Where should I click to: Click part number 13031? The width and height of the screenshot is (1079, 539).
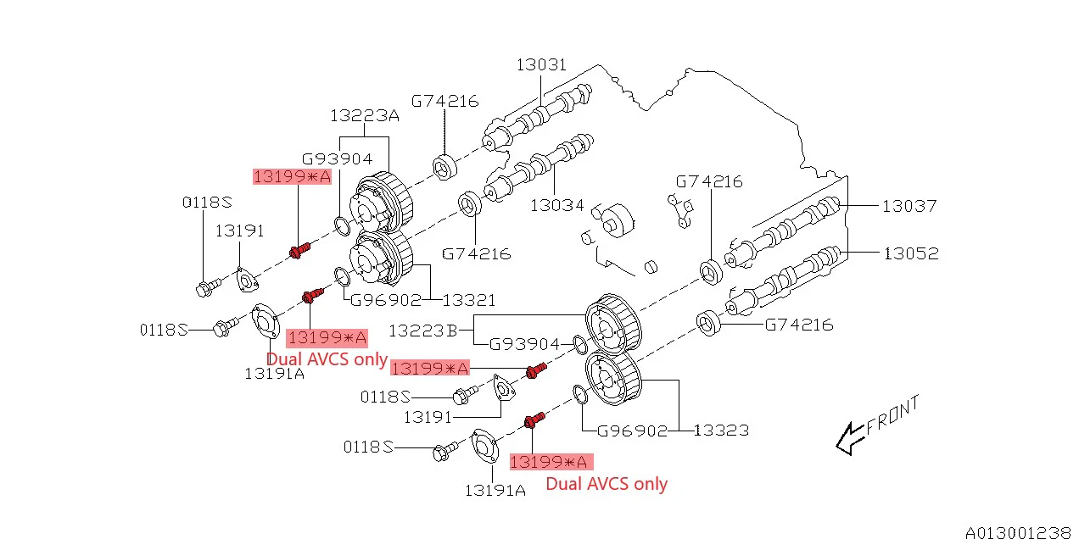[x=541, y=65]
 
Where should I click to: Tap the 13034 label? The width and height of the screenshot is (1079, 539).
[x=558, y=205]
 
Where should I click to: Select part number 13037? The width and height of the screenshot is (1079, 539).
[x=909, y=205]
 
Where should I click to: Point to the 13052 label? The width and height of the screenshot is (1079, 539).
[x=910, y=253]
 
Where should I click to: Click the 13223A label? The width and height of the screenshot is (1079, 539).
[x=364, y=115]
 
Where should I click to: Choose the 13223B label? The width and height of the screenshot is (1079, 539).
[x=424, y=329]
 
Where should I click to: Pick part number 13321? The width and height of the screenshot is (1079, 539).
[x=469, y=299]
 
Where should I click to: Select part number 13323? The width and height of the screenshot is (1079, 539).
[x=721, y=431]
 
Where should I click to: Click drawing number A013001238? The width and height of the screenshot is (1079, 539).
[x=1017, y=532]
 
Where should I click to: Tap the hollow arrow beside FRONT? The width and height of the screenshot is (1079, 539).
[x=848, y=438]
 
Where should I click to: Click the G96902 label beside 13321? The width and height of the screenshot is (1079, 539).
[x=386, y=299]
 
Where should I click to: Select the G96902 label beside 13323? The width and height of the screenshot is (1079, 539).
[x=633, y=431]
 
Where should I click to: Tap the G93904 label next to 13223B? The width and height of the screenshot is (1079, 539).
[x=525, y=344]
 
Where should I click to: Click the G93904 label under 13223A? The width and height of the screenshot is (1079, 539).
[x=337, y=158]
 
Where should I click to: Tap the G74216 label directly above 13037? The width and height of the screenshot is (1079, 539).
[x=709, y=181]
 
